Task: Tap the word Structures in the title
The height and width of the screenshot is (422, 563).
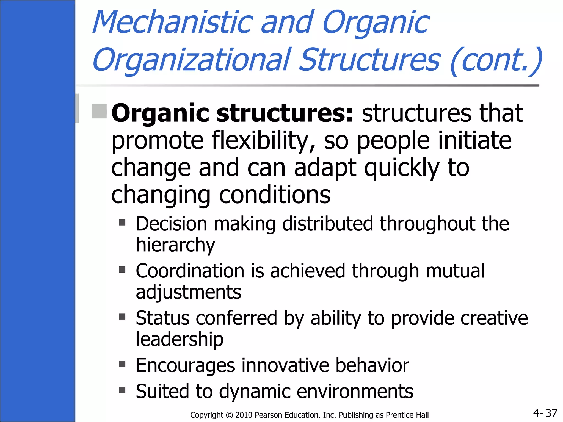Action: [x=370, y=60]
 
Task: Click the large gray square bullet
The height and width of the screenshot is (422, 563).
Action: [x=99, y=111]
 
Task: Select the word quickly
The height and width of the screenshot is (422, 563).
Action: [x=401, y=168]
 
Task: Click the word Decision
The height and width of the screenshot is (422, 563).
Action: [x=172, y=224]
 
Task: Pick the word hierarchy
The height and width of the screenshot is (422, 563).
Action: [x=175, y=245]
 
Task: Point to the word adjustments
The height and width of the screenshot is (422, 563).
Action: [x=188, y=292]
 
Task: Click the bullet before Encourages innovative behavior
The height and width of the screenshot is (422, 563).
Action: [x=122, y=364]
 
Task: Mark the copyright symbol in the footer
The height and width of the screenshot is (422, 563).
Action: [x=229, y=415]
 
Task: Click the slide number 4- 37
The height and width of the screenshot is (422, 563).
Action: [x=545, y=413]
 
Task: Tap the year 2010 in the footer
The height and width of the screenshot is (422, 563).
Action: [x=244, y=415]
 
